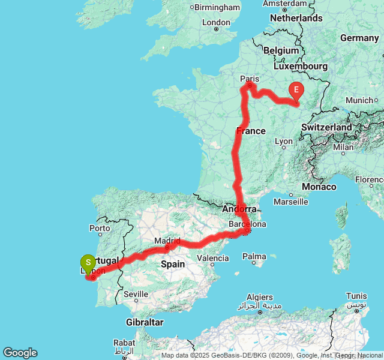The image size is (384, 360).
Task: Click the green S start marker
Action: pyautogui.click(x=88, y=262)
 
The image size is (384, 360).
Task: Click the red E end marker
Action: pyautogui.click(x=296, y=91)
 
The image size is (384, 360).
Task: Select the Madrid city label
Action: pyautogui.click(x=167, y=241)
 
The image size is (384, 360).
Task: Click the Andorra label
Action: pyautogui.click(x=239, y=209)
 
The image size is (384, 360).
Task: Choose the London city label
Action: pyautogui.click(x=217, y=23)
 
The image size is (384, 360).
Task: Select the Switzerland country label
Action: pyautogui.click(x=326, y=127)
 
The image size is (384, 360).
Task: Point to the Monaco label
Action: pyautogui.click(x=319, y=187)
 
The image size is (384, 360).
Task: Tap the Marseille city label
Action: pyautogui.click(x=290, y=202)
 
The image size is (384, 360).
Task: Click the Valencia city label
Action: pyautogui.click(x=212, y=259)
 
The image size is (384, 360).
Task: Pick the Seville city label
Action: pyautogui.click(x=136, y=294)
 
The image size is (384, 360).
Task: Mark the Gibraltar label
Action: pyautogui.click(x=145, y=322)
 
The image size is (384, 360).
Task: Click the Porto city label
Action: pyautogui.click(x=100, y=228)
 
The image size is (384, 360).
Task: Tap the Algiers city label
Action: pyautogui.click(x=260, y=297)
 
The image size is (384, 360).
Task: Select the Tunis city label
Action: pyautogui.click(x=356, y=296)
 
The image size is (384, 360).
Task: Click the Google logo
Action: pyautogui.click(x=20, y=353)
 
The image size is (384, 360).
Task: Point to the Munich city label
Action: pyautogui.click(x=360, y=100)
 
